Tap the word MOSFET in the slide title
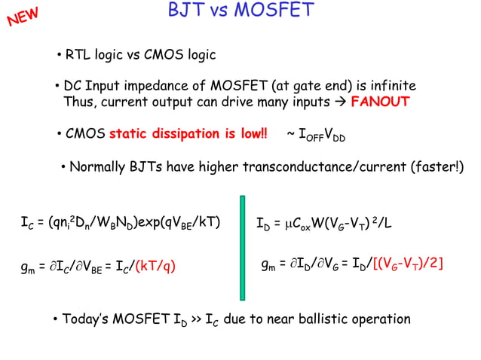(x=277, y=11)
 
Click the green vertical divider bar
(x=242, y=247)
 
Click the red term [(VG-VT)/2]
(x=408, y=264)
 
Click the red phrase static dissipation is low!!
(x=188, y=135)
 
